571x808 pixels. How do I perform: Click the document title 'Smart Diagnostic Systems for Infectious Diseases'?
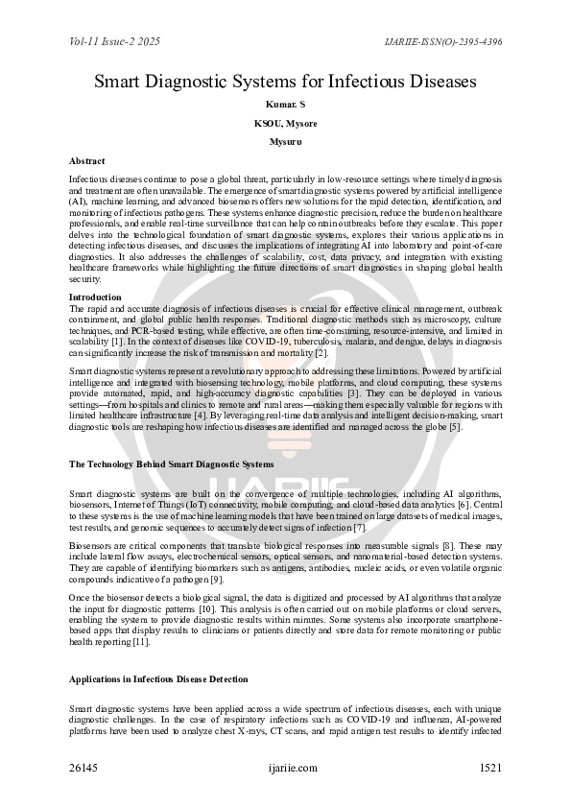tap(285, 82)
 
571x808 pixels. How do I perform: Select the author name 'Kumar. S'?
tap(285, 104)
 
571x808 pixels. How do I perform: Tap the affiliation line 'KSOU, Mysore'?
tap(285, 123)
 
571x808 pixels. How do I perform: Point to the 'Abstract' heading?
tap(87, 161)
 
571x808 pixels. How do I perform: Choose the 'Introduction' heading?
tap(95, 297)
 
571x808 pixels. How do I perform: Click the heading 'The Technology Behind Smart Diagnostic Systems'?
tap(171, 464)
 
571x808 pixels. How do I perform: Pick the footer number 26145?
tap(83, 768)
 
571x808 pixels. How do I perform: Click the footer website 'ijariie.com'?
tap(294, 768)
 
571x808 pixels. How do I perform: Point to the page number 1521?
tap(489, 768)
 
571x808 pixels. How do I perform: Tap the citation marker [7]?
tap(360, 528)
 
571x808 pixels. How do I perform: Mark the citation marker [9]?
tap(217, 579)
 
